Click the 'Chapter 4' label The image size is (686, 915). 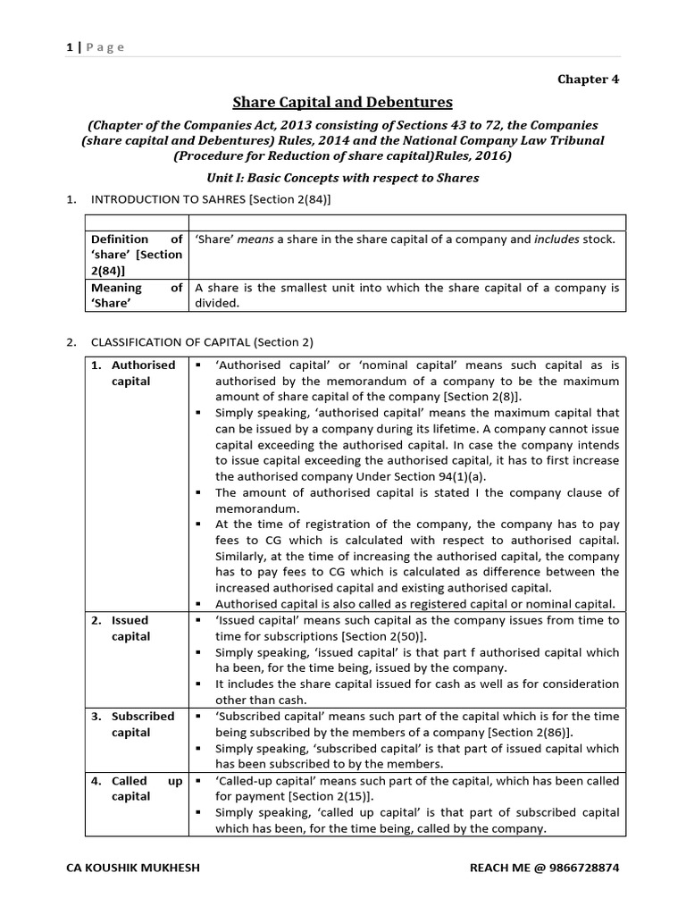click(588, 79)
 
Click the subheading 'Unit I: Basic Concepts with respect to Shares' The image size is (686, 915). click(342, 178)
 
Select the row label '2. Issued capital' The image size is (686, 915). click(130, 628)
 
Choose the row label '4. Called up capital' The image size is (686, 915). click(135, 788)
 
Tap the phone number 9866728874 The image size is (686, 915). click(581, 868)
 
